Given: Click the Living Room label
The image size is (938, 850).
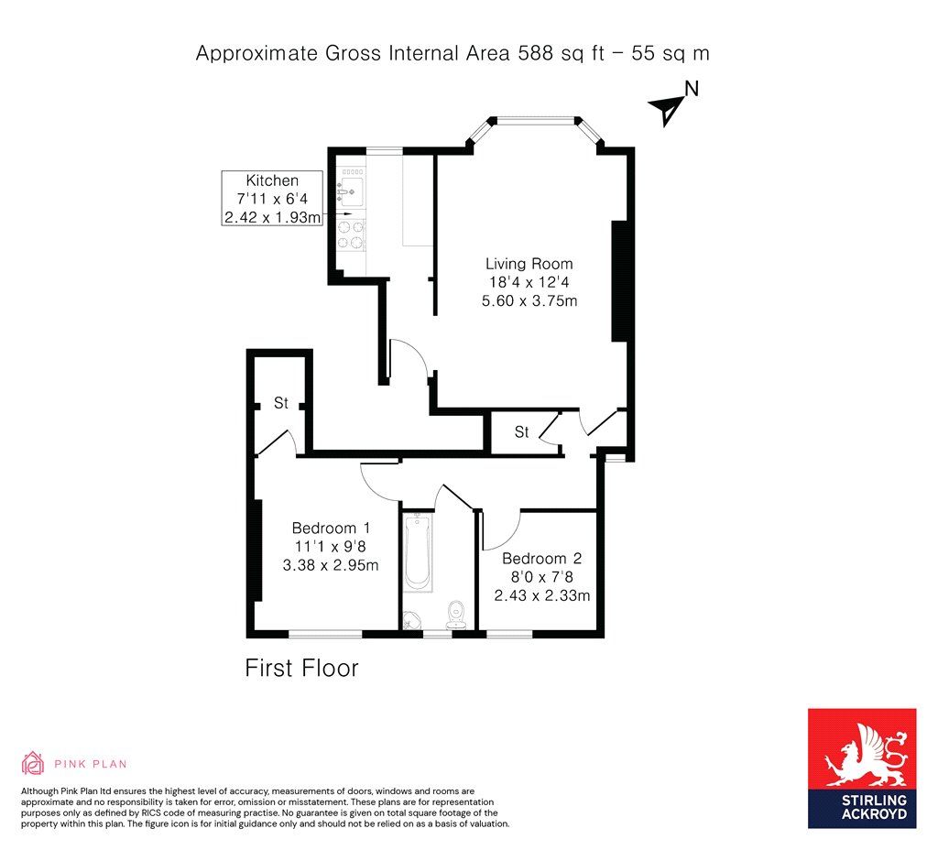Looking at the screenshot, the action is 529,264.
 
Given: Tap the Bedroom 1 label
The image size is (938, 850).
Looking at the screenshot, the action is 331,529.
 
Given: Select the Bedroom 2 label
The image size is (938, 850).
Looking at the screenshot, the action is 542,559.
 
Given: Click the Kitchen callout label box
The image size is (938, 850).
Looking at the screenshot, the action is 272,198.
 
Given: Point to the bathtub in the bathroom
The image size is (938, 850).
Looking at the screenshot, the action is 418,552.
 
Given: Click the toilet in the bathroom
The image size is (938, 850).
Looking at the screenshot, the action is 456,615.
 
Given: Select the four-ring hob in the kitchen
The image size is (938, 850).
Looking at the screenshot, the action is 351,235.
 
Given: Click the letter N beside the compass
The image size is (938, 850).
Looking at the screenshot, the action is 692,89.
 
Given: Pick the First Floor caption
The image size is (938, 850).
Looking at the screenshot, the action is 301,668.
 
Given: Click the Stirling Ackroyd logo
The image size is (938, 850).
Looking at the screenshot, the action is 862,768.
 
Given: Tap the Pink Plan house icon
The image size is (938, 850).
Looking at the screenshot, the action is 33,763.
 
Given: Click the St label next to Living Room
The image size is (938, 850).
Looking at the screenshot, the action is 521,432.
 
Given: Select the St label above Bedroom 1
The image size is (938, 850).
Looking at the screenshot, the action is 281,403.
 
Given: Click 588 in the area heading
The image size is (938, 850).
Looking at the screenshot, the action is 535,53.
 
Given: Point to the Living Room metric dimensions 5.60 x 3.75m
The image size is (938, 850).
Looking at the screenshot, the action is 529,300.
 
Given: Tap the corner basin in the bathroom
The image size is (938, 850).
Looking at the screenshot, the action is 410,621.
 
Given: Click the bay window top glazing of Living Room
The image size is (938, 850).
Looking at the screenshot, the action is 535,120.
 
